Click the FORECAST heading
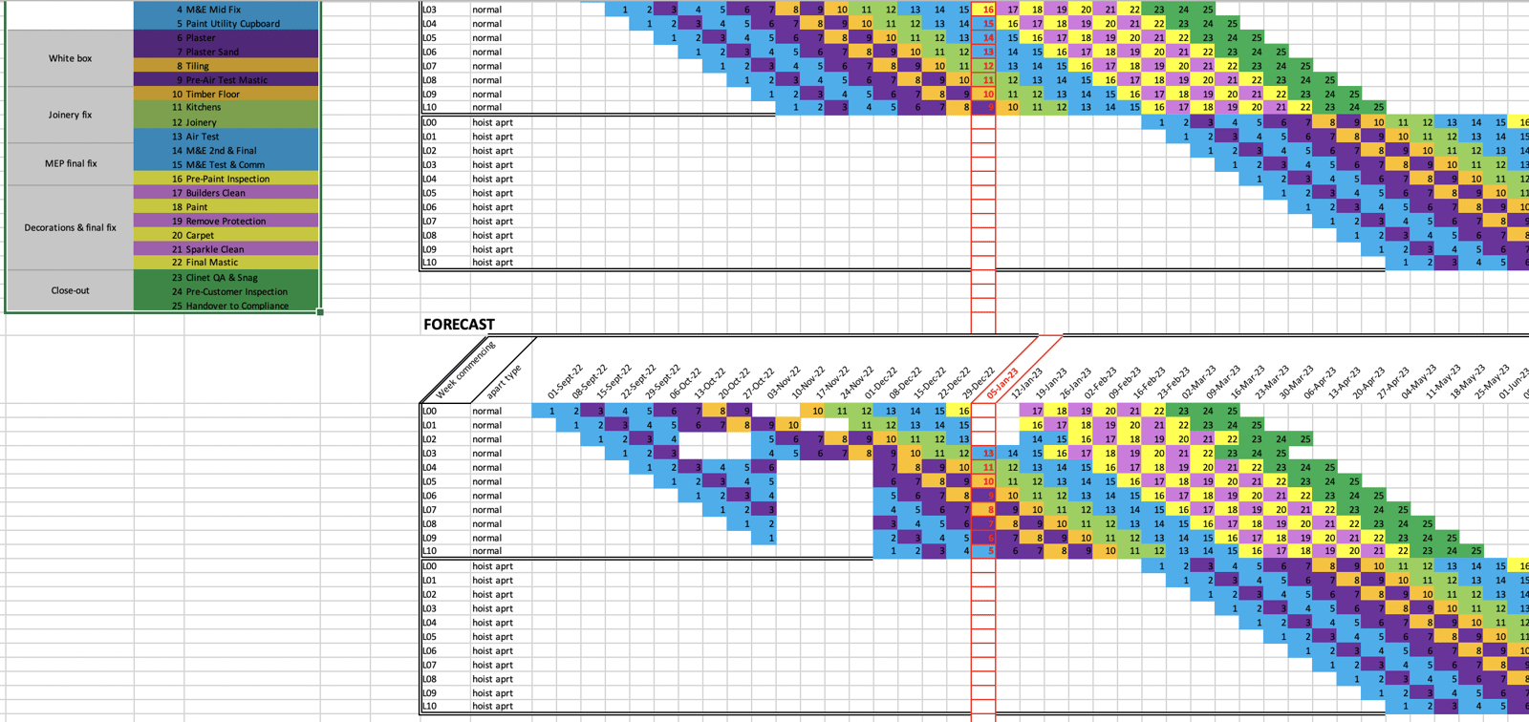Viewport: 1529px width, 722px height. pyautogui.click(x=459, y=325)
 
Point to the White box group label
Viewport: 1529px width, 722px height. pyautogui.click(x=70, y=58)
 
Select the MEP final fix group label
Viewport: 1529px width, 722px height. pyautogui.click(x=70, y=163)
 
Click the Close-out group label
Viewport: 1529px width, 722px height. pyautogui.click(x=70, y=290)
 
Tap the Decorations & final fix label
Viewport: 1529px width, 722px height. pyautogui.click(x=70, y=227)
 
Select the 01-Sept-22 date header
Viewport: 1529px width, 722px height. pyautogui.click(x=564, y=382)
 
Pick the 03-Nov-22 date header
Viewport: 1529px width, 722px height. pyautogui.click(x=784, y=382)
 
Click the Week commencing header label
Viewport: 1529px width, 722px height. pyautogui.click(x=465, y=371)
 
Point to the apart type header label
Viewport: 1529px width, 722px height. pyautogui.click(x=504, y=381)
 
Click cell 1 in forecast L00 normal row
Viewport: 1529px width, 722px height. pyautogui.click(x=551, y=411)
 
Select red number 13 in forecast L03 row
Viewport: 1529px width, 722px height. pyautogui.click(x=988, y=454)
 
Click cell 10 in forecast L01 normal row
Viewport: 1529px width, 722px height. pyautogui.click(x=793, y=425)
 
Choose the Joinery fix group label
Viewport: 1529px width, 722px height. pyautogui.click(x=70, y=115)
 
